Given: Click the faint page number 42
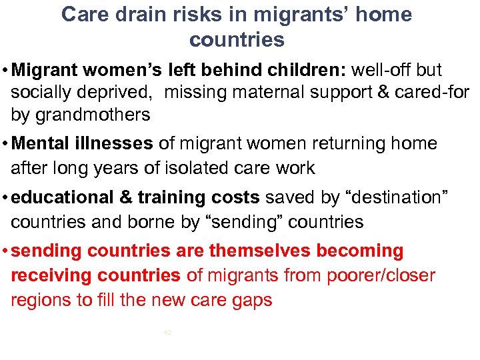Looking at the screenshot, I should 167,331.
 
